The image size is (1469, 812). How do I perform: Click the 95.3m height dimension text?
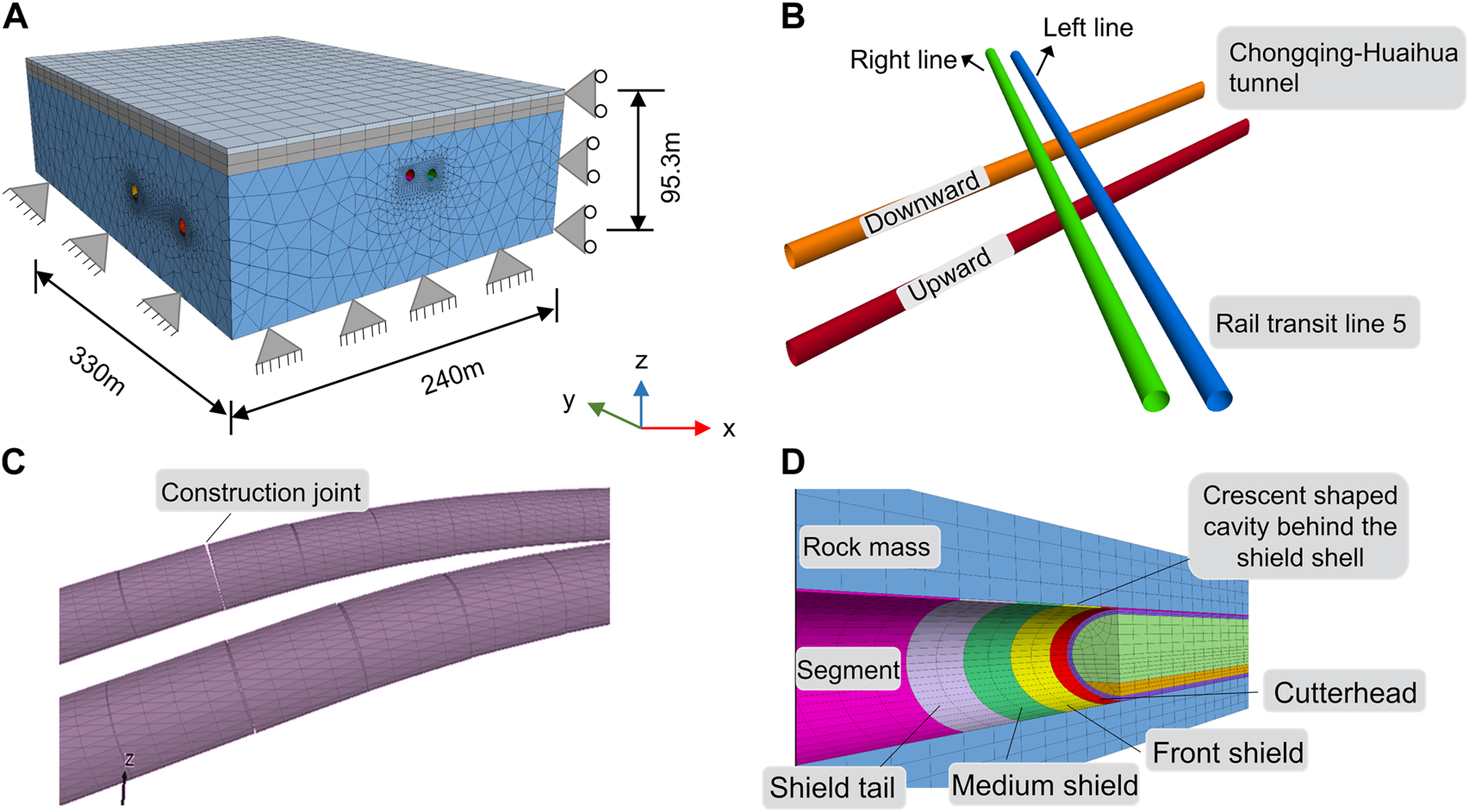click(x=671, y=167)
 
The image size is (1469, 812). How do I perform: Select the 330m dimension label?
click(x=96, y=371)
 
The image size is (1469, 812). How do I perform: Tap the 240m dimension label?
click(x=453, y=378)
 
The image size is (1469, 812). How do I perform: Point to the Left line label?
click(x=1087, y=28)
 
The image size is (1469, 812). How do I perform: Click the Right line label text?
click(x=902, y=60)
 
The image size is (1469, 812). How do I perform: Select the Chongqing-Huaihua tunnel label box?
click(x=1341, y=68)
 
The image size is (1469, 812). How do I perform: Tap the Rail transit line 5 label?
click(x=1310, y=323)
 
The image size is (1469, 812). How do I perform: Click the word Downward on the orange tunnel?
click(x=923, y=202)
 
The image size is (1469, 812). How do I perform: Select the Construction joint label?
click(x=260, y=492)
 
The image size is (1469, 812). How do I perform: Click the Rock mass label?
click(x=866, y=547)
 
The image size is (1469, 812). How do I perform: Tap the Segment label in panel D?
click(x=848, y=670)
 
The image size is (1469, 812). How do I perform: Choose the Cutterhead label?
click(x=1344, y=692)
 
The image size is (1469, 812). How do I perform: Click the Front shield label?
click(x=1228, y=753)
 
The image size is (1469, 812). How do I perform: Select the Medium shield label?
click(x=1044, y=785)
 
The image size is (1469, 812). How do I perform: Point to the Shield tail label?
click(x=832, y=788)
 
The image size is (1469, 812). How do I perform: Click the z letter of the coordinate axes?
click(x=641, y=360)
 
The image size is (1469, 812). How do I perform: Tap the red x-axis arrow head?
click(x=703, y=428)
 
